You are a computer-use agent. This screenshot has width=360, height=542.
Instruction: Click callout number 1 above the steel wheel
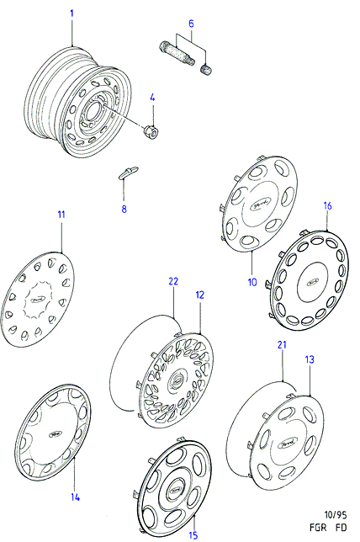coord(71,13)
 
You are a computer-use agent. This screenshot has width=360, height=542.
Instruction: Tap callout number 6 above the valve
coord(191,24)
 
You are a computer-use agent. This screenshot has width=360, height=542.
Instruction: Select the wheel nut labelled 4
coord(151,130)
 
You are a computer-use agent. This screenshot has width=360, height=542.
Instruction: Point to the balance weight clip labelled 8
coord(128,173)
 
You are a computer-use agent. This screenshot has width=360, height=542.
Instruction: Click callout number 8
coord(124,209)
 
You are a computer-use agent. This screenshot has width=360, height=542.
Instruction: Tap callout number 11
coord(61,215)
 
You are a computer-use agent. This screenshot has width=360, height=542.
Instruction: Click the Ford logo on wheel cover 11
coord(38,300)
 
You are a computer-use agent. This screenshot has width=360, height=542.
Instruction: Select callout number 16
coord(327,206)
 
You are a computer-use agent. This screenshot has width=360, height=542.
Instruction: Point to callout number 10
coord(252,282)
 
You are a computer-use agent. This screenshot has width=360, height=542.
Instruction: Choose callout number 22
coord(173,281)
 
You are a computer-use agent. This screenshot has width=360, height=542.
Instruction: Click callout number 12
coord(199,295)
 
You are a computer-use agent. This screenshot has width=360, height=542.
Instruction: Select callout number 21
coord(282,344)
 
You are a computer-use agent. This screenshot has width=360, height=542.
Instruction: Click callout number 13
coord(310,359)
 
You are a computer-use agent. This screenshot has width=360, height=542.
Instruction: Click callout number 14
coord(76,497)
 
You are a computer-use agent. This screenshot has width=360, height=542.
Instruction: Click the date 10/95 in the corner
coord(335,515)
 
